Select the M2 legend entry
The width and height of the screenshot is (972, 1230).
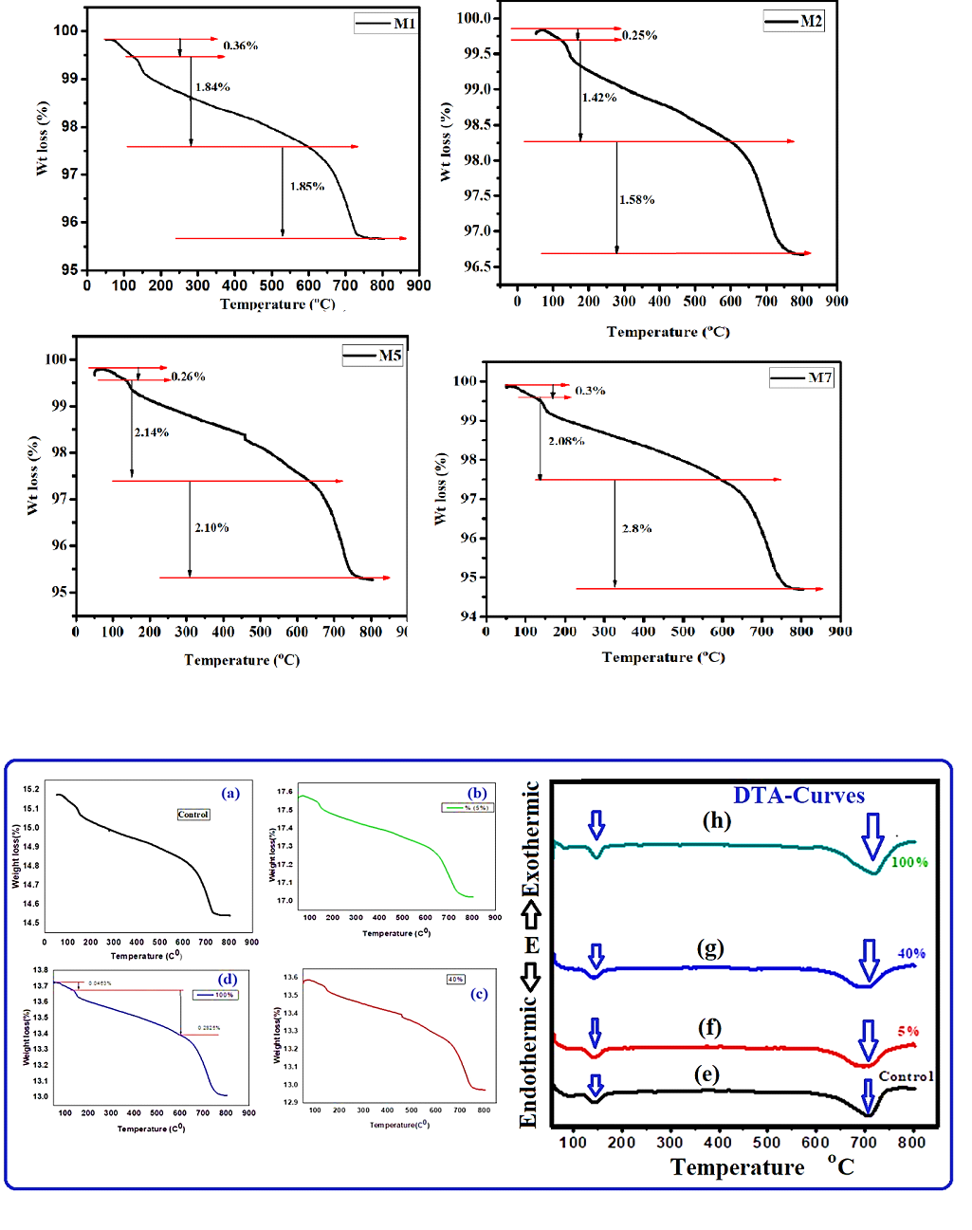[795, 21]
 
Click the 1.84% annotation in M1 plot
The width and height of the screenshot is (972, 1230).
[212, 87]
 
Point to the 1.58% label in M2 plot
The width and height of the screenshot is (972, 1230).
[637, 200]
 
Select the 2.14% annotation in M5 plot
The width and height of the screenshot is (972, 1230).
[152, 432]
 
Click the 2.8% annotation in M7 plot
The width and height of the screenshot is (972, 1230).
[637, 528]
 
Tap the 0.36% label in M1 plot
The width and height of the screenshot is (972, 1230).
[241, 46]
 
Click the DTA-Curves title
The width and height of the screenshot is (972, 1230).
[798, 796]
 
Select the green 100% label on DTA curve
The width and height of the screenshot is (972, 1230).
[909, 862]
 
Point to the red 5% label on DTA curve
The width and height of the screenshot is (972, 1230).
[908, 1031]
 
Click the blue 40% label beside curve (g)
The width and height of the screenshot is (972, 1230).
[911, 953]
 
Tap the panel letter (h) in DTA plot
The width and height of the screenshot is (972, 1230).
[717, 820]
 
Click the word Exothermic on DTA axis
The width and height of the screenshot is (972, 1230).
[532, 838]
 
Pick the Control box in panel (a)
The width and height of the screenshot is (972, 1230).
[193, 815]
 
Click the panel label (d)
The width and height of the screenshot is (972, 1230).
[228, 980]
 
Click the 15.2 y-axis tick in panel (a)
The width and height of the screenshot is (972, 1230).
[31, 789]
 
